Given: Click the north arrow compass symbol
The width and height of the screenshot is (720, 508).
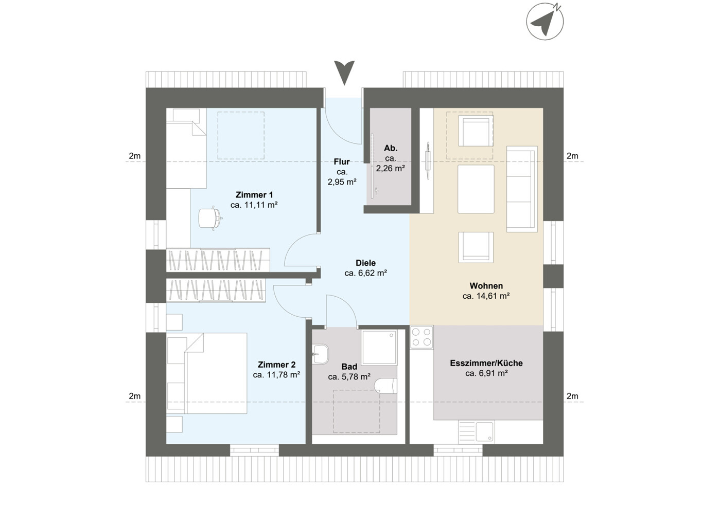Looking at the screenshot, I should pos(545,21).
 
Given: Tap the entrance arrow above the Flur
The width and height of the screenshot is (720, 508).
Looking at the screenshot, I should pos(344,72).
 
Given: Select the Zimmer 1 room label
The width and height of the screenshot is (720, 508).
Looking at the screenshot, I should pos(254,195).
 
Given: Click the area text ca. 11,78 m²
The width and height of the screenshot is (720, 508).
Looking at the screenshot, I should pos(276,375).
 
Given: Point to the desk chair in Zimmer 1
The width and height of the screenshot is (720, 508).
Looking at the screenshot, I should pos(209,217).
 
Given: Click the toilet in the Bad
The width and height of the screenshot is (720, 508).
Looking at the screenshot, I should pos(386,386).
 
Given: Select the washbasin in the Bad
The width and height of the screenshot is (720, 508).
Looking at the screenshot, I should pos(320,353).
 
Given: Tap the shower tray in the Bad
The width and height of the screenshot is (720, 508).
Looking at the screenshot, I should pos(379,348).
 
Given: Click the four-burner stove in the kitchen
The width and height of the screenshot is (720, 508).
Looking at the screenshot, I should pos(422,337).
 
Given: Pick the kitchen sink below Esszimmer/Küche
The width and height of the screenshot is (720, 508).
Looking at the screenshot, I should pos(484,432).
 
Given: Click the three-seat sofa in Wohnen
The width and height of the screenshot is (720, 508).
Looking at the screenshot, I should pos(522,189).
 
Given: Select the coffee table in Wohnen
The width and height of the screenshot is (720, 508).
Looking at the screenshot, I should pos(476,189).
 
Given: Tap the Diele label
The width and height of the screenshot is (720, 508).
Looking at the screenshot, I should pos(365,263).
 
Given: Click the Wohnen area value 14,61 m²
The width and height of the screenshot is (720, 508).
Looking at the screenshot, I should pos(486,296).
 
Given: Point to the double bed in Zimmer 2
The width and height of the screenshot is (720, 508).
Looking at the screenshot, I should pos(216,373).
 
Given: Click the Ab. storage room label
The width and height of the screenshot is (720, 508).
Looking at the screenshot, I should pos(391,148).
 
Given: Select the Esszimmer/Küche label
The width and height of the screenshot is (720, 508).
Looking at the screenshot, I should pos(486,363).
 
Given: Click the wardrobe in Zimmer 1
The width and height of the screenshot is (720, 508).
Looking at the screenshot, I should pos(218,260).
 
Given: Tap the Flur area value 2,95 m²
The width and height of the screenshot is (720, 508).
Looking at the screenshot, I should pos(342,182).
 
